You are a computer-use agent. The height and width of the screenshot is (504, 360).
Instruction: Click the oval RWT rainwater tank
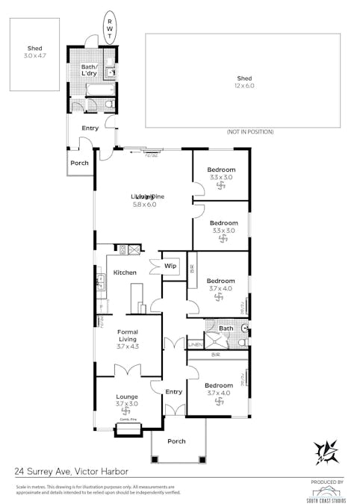(111, 28)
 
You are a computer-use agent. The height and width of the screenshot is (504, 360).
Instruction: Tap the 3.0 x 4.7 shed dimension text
(34, 56)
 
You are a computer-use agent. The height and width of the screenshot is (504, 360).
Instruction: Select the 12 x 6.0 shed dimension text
(244, 85)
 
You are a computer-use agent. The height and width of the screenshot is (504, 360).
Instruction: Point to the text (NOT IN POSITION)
(249, 132)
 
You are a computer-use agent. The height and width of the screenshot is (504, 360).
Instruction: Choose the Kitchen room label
(125, 273)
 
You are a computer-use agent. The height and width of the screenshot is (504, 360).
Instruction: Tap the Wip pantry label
(170, 265)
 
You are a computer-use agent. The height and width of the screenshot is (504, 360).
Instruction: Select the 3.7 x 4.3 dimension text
(129, 346)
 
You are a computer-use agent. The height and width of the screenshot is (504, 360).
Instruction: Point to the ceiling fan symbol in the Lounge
(126, 411)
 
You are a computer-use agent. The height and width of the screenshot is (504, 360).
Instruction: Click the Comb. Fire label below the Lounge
(126, 420)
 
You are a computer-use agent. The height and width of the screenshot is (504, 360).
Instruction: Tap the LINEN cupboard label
(194, 344)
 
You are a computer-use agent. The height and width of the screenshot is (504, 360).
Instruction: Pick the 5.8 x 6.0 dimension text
(144, 204)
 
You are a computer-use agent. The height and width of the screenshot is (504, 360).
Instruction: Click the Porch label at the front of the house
(176, 441)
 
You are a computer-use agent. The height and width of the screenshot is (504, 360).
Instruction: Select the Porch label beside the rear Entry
(79, 163)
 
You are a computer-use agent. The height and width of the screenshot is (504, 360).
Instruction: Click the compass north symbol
(326, 452)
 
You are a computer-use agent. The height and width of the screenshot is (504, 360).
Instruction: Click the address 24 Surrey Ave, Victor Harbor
(71, 472)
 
